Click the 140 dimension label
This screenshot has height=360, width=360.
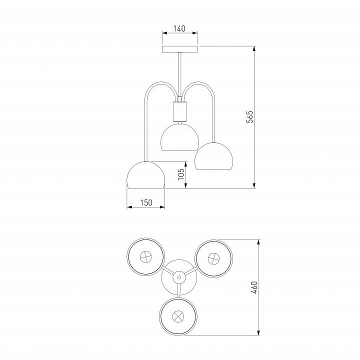179,28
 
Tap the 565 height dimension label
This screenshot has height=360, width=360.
249,117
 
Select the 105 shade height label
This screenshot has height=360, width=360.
181,174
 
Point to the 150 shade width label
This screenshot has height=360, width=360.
146,202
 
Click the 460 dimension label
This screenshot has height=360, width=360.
254,287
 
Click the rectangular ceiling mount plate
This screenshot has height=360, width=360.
180,49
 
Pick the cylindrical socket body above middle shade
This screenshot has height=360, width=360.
179,111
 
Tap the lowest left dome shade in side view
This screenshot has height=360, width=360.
146,175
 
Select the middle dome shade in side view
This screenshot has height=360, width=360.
180,137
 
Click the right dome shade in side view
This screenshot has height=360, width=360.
214,156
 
